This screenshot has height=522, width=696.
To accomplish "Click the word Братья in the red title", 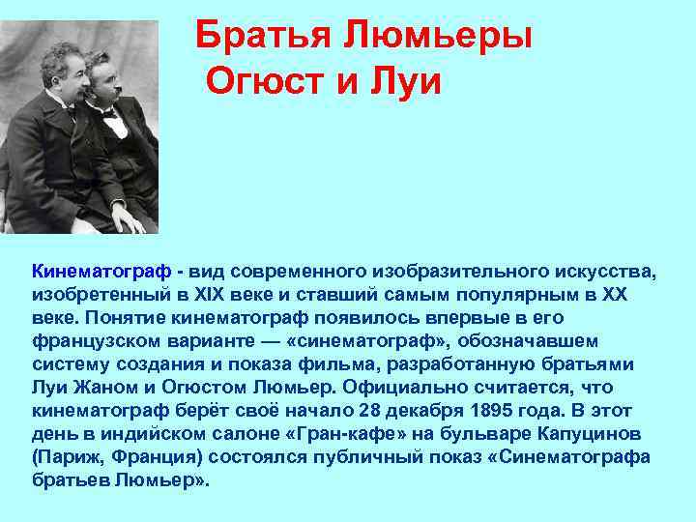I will point(252,37).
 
